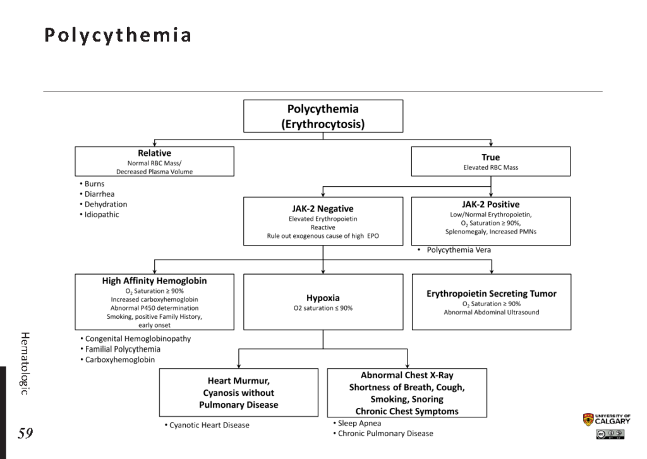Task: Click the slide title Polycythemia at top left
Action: pos(118,35)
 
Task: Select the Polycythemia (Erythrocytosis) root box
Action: pos(323,116)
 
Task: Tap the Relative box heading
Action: pos(154,153)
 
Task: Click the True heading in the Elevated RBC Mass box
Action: pos(490,157)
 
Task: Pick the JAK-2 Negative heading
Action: pos(323,209)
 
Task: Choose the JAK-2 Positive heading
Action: pos(490,204)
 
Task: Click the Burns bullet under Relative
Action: pos(92,184)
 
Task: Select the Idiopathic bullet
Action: pos(99,215)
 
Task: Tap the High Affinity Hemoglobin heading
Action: pos(154,281)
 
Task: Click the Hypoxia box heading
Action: pos(323,298)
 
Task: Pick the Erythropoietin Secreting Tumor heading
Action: pos(492,294)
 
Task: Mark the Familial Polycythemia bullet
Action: pos(121,349)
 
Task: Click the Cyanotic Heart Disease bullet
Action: pos(207,425)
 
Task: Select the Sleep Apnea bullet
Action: pos(357,423)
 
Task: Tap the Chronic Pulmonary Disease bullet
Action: pos(383,434)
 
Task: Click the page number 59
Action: pos(25,433)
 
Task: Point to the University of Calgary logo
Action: pos(607,420)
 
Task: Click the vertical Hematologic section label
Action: pos(25,363)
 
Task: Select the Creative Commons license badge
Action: pos(610,434)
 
